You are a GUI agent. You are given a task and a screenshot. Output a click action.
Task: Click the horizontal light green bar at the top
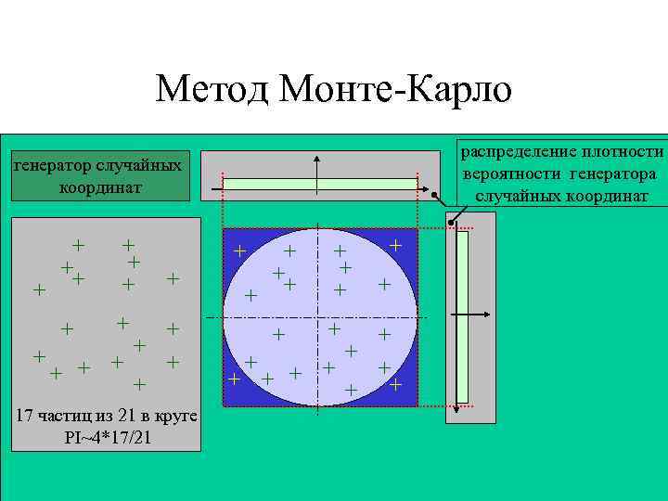pyautogui.click(x=320, y=185)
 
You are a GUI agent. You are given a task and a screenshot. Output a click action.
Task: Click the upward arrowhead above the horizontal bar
pyautogui.click(x=318, y=155)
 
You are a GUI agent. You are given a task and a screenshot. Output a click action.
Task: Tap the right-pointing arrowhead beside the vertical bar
pyautogui.click(x=489, y=316)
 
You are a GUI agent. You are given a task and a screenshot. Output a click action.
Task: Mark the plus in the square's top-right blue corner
pyautogui.click(x=395, y=245)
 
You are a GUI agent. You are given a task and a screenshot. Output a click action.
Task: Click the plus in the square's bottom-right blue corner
pyautogui.click(x=395, y=383)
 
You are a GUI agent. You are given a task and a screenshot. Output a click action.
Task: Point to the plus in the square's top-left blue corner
pyautogui.click(x=239, y=250)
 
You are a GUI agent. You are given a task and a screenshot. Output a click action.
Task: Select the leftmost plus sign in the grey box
pyautogui.click(x=39, y=290)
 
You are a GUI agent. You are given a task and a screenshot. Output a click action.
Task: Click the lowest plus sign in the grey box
pyautogui.click(x=139, y=383)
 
